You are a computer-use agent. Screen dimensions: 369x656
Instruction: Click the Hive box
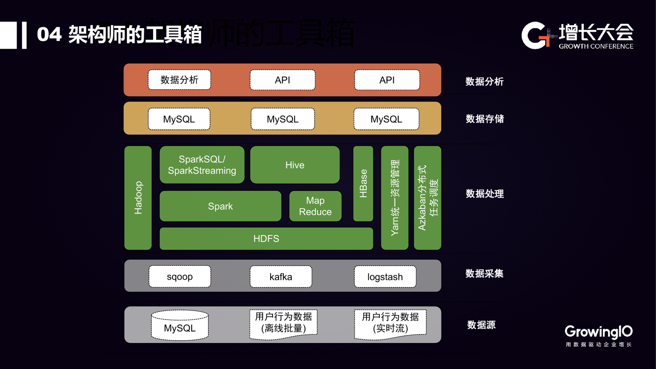(x=295, y=165)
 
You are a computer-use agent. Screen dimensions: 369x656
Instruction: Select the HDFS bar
(x=266, y=239)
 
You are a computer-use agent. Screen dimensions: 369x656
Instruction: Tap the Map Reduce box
(x=315, y=206)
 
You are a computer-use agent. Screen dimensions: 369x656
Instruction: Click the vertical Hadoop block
(x=138, y=198)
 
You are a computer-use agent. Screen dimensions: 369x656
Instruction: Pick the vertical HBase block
(x=363, y=184)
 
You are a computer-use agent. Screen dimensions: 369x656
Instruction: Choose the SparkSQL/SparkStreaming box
(x=202, y=165)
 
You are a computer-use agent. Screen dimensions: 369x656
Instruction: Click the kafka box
(x=281, y=277)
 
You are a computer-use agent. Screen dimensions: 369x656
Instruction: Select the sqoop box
(x=180, y=276)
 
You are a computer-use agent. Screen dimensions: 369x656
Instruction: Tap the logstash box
(x=385, y=277)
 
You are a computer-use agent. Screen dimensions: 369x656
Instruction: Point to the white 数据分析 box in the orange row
(x=179, y=80)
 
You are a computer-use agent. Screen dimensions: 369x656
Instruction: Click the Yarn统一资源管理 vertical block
(x=395, y=198)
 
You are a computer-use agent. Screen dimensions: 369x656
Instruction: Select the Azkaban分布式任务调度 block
(x=428, y=198)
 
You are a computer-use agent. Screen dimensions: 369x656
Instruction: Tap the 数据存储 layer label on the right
(x=485, y=119)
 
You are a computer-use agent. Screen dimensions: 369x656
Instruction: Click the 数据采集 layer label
(x=484, y=274)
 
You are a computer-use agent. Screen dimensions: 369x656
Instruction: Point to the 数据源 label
(x=481, y=325)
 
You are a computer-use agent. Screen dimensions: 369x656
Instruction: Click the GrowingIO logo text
(x=598, y=332)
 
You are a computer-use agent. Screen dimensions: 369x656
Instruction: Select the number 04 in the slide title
(x=49, y=35)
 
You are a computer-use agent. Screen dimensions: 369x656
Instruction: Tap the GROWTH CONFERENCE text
(x=596, y=46)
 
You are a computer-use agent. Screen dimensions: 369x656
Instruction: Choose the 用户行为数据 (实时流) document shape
(x=390, y=323)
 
